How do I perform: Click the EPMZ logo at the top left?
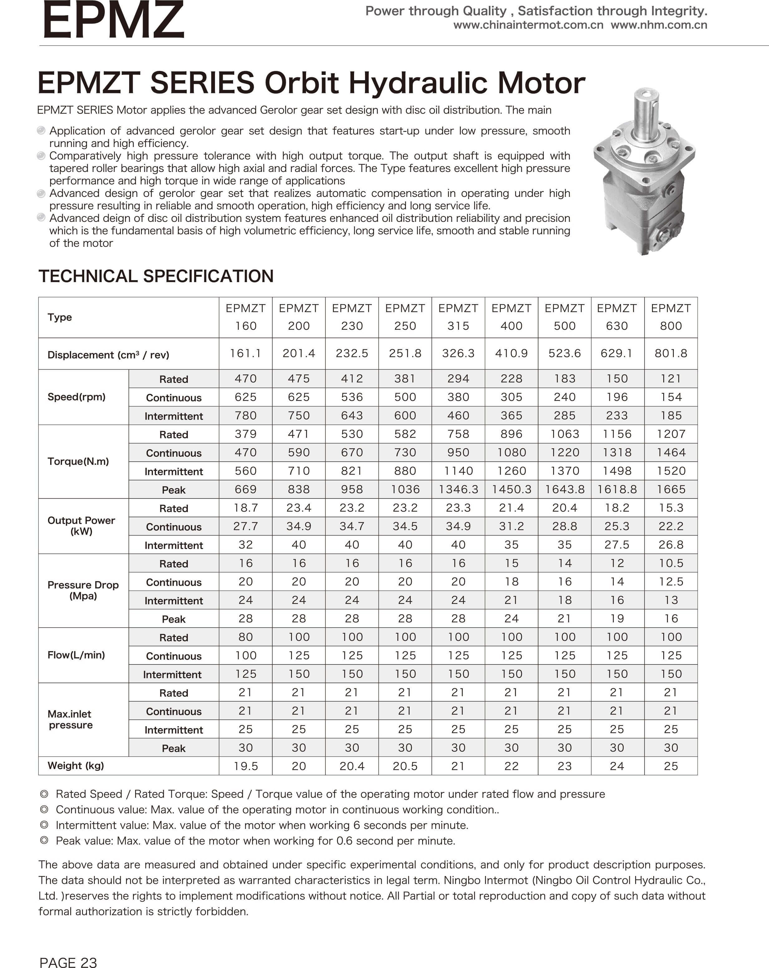coord(114,20)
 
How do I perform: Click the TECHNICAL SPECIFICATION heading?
coord(156,276)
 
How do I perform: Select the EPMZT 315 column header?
coord(458,317)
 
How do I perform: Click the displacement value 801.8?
coord(671,353)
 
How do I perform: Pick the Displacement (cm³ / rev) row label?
coord(108,355)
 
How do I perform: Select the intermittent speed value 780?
coord(246,415)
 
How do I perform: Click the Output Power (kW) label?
coord(81,526)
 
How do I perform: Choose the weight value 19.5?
coord(246,766)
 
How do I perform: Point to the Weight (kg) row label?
coord(75,766)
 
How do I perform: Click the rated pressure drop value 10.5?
coord(671,563)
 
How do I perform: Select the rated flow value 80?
coord(246,637)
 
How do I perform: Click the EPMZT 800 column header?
coord(671,317)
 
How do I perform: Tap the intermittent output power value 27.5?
coord(617,545)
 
